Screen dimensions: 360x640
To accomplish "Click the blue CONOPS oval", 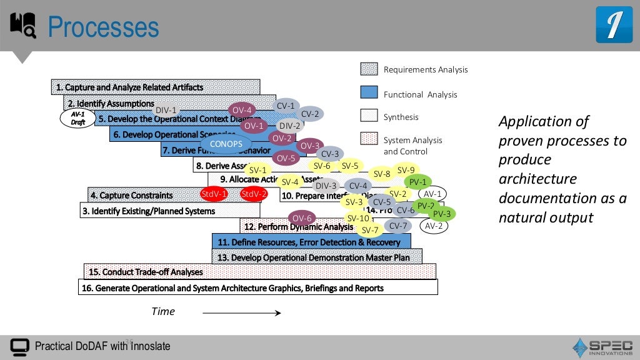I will [x=226, y=144].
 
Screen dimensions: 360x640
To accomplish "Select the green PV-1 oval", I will [x=418, y=182].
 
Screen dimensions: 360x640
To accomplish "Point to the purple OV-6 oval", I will [x=302, y=218].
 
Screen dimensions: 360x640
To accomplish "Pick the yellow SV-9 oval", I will [x=406, y=170].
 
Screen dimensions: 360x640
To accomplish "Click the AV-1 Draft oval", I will [x=77, y=118].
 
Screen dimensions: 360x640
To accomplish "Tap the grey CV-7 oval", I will [x=398, y=226].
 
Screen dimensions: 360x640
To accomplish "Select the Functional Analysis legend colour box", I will [x=369, y=92].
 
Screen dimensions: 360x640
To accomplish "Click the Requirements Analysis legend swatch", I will [x=369, y=69].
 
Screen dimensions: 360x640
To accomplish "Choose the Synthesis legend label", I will [x=401, y=117].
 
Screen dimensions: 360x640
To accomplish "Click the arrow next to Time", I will [x=249, y=312].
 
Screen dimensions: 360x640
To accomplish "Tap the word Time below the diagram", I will [x=163, y=311].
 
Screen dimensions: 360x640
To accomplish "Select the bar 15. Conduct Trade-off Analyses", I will [x=259, y=271].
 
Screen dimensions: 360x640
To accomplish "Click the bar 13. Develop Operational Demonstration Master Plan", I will [x=317, y=256].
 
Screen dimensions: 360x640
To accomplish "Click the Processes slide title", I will [x=104, y=27].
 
